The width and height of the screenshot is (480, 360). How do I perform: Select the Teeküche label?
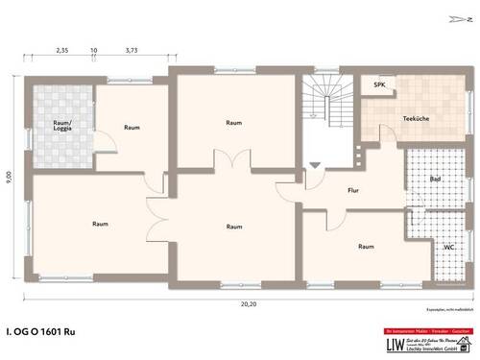point(416,120)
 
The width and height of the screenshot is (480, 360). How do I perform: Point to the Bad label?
point(436,180)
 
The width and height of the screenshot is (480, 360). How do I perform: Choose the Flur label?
point(352,190)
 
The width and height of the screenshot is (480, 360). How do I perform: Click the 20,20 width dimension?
point(248,303)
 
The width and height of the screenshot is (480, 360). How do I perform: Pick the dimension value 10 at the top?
point(93,48)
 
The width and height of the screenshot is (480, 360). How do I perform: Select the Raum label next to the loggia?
point(132,127)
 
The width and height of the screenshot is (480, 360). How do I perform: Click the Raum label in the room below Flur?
point(366,247)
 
